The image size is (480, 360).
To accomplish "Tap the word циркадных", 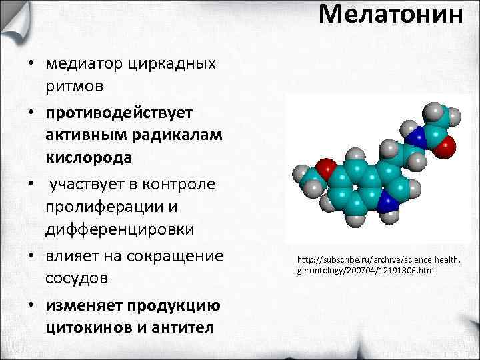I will (x=179, y=64).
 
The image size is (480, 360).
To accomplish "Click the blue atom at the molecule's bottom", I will (x=387, y=203).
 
